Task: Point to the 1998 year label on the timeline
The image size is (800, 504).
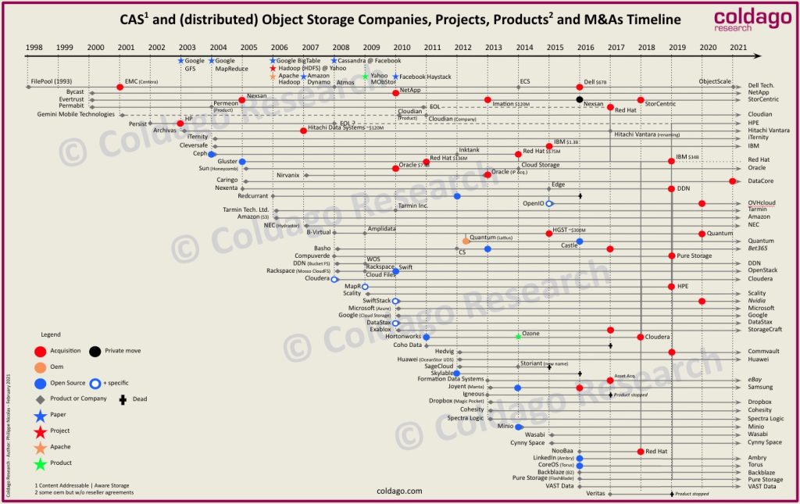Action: (x=34, y=47)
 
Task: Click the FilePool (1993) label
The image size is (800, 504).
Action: (x=52, y=81)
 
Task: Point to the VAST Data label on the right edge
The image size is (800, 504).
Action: (x=762, y=486)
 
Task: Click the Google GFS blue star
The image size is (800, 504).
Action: (x=181, y=60)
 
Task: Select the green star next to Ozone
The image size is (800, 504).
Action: (x=518, y=336)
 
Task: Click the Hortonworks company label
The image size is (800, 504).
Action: (x=402, y=336)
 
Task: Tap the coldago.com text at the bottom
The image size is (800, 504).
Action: (x=399, y=491)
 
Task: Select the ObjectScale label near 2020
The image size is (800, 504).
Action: (x=714, y=81)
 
